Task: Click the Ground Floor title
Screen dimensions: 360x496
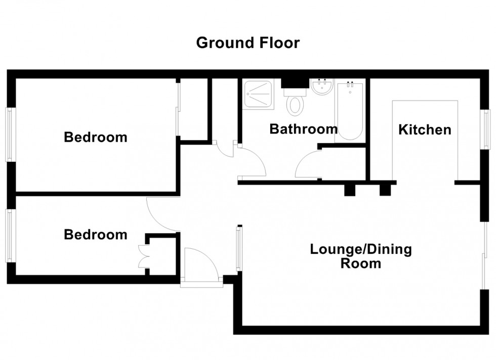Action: (247, 43)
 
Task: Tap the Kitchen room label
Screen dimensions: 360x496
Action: (425, 130)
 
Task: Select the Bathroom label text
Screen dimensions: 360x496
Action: (303, 129)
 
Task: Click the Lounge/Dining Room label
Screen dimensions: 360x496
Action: (361, 256)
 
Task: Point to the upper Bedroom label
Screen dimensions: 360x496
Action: (95, 137)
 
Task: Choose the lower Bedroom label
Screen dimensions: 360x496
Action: (95, 235)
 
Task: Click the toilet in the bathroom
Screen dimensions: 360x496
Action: (294, 104)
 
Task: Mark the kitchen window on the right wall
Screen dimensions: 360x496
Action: (486, 129)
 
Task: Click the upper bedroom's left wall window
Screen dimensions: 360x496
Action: (10, 134)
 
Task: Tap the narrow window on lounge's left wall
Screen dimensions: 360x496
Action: (238, 248)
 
